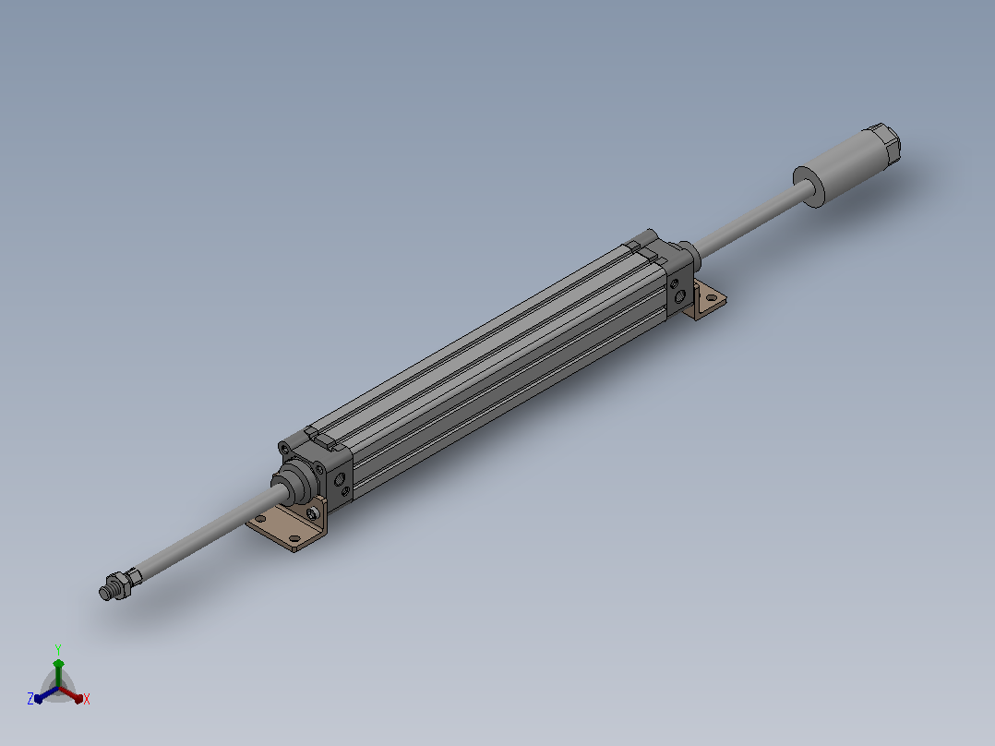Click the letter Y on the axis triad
coord(58,649)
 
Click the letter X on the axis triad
coord(87,699)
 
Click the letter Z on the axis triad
coord(30,699)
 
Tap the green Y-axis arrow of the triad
coord(58,672)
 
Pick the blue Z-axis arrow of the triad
coord(46,694)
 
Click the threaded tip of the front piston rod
coord(104,593)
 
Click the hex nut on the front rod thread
coord(118,584)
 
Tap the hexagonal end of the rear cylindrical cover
coord(885,143)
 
